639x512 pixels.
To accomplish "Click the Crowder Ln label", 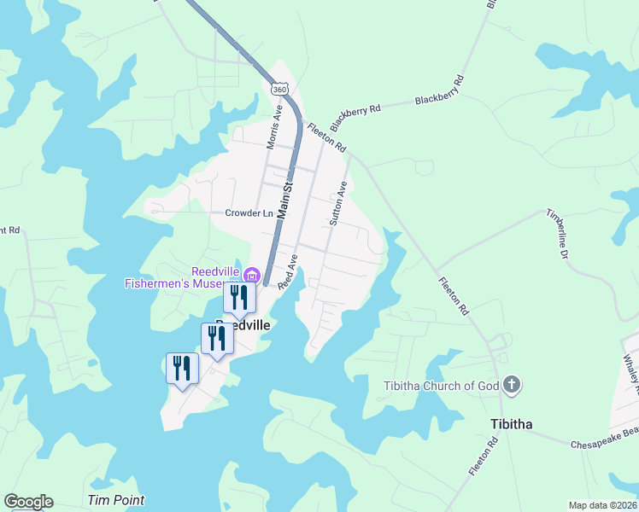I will tap(249, 213).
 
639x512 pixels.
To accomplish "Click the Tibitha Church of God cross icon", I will tap(512, 386).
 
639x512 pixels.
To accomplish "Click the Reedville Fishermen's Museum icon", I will tap(251, 275).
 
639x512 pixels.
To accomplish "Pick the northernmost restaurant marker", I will tap(239, 298).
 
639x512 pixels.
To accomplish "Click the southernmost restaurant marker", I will tap(181, 368).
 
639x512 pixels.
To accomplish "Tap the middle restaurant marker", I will tap(217, 338).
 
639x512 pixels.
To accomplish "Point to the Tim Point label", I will tap(116, 500).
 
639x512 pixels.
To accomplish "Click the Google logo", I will tap(28, 502).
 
